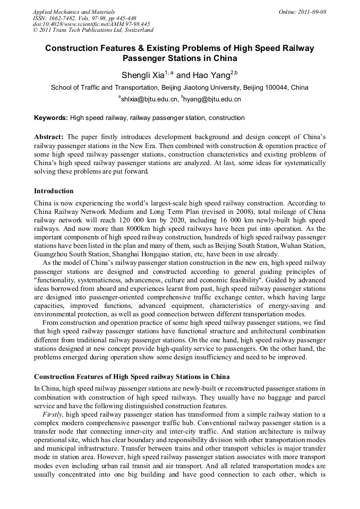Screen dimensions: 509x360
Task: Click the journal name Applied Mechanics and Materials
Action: point(73,12)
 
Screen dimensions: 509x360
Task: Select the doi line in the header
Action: point(91,24)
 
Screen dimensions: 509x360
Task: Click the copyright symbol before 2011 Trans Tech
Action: point(35,31)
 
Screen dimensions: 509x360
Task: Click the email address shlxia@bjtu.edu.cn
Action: point(149,99)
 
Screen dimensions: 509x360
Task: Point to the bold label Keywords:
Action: point(51,118)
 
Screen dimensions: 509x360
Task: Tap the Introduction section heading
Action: point(54,191)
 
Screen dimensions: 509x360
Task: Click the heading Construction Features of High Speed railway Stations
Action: point(132,377)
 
